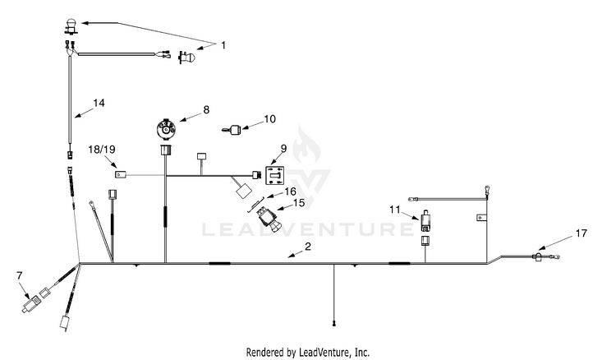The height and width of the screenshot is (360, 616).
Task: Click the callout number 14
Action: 99,103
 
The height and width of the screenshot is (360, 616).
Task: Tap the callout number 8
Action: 206,110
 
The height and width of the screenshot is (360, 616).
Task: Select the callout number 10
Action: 269,118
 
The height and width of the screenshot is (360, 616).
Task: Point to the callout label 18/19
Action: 102,150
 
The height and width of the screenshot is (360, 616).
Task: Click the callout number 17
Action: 581,233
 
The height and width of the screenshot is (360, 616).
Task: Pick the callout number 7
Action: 20,276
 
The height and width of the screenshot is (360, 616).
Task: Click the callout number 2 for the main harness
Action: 308,247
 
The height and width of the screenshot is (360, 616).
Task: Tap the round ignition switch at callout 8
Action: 166,128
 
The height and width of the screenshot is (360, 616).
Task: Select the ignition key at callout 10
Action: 232,129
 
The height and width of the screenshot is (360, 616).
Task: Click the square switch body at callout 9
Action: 275,175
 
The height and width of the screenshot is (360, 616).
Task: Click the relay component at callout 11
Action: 425,223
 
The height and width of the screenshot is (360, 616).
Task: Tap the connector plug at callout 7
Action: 30,304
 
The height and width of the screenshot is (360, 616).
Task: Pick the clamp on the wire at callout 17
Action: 537,257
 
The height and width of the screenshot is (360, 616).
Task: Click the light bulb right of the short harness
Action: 187,58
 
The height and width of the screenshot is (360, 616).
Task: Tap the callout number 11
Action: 395,210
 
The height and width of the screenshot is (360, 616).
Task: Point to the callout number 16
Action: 290,192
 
